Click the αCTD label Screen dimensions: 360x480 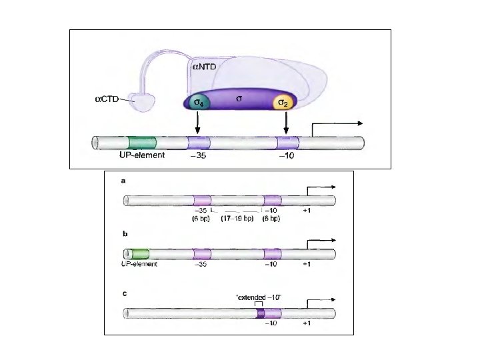coord(105,100)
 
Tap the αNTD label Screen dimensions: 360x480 coord(205,67)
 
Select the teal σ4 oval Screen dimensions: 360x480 coord(197,103)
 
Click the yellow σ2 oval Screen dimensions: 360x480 coord(285,103)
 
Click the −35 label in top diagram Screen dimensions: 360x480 coord(198,157)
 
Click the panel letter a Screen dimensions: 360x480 coord(123,180)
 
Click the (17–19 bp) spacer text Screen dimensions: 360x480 coord(237,219)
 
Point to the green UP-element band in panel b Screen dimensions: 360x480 coord(140,254)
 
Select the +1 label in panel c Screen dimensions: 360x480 coord(306,323)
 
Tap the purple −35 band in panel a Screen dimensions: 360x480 coord(202,200)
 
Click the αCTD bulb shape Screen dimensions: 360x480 coord(141,102)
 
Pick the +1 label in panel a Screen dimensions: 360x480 coord(306,211)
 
